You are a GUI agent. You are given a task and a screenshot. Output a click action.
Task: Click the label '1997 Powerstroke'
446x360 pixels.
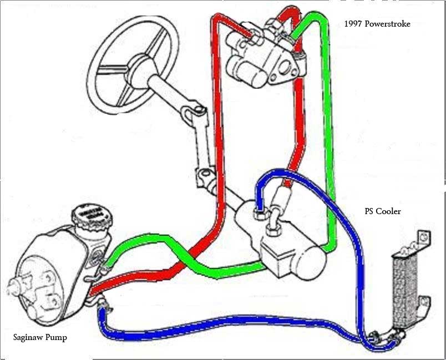coord(377,24)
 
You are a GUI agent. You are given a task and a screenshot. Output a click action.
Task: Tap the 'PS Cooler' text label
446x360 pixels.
coord(382,211)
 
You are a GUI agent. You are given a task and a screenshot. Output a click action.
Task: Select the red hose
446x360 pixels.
coord(217,139)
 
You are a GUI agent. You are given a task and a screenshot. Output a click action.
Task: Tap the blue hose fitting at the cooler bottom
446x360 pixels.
coord(383,335)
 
